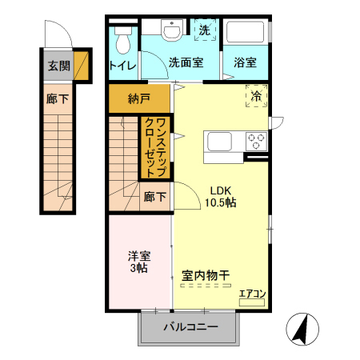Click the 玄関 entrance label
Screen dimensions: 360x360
pos(58,66)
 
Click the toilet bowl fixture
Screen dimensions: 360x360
pos(122,39)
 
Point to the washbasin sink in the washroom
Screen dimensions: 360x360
pos(172,30)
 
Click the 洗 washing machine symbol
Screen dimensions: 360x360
pos(204,30)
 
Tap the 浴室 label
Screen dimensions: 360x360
pos(245,62)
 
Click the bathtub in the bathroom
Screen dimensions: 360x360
pos(245,33)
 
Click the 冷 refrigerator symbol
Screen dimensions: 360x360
pos(257,96)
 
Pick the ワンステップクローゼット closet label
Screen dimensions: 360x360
pos(155,147)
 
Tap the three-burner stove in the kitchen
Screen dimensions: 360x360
pos(257,141)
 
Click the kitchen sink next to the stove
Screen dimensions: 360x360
pos(220,142)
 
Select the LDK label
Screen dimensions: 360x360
pos(221,190)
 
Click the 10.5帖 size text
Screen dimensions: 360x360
pos(222,203)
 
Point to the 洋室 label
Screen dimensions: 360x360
pos(138,256)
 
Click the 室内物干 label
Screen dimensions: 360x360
pos(206,275)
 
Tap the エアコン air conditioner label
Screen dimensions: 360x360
pos(253,295)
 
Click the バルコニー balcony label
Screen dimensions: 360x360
pos(190,326)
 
